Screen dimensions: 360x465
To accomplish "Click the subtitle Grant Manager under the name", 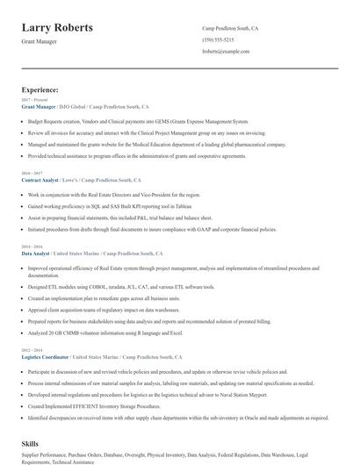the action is [x=41, y=42].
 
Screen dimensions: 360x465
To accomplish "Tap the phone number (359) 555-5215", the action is [x=218, y=40].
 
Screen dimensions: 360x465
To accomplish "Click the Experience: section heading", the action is [x=40, y=89].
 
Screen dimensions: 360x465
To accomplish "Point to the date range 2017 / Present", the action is [x=32, y=100].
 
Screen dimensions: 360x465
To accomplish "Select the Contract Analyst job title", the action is [x=40, y=180].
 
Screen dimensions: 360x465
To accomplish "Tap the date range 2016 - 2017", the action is [x=32, y=174].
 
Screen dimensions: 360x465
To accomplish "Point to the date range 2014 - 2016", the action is [x=32, y=247].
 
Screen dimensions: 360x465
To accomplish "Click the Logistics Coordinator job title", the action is [x=45, y=358].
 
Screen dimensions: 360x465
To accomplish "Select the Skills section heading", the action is [x=30, y=445].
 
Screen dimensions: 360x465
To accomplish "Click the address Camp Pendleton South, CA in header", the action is [x=230, y=29].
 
